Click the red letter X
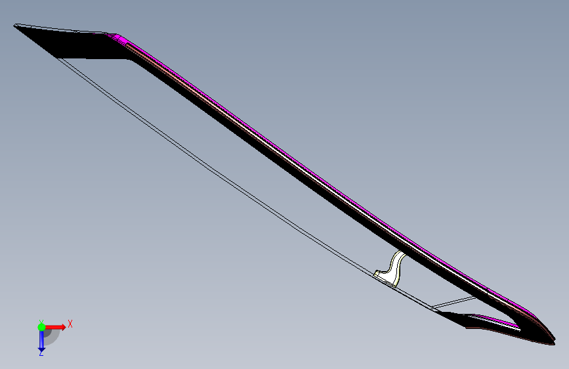click(70, 324)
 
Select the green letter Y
click(41, 322)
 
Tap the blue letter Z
click(41, 353)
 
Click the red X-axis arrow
click(55, 327)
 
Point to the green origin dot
click(42, 327)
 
